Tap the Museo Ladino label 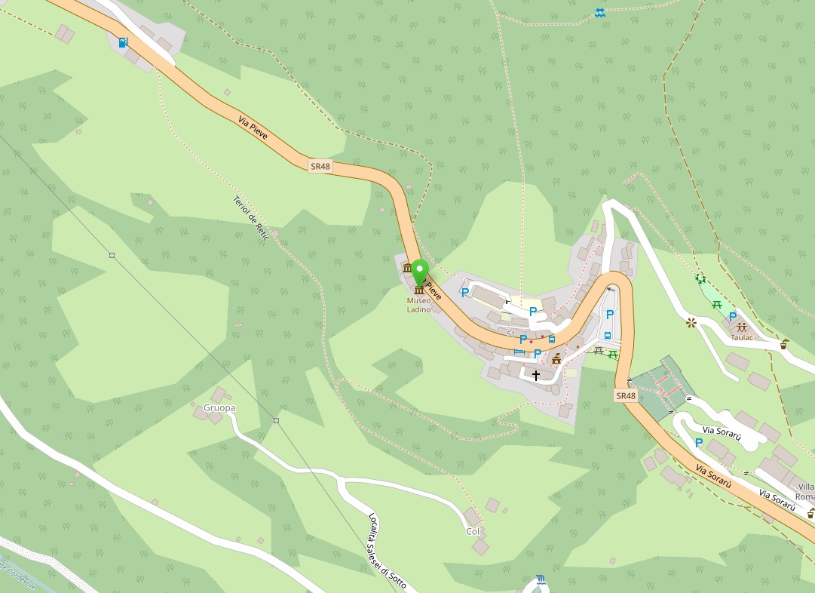point(418,305)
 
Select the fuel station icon point(123,42)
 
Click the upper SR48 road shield point(320,166)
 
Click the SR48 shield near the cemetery point(626,395)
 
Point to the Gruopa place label point(219,408)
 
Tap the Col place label point(473,531)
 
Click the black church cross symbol point(536,375)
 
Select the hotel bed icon point(519,352)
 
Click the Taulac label point(742,337)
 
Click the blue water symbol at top point(599,13)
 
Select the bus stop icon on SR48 point(552,340)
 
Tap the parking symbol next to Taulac point(732,317)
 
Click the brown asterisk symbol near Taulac point(690,323)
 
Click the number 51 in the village point(510,334)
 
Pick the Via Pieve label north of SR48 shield point(253,129)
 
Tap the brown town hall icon point(557,358)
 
